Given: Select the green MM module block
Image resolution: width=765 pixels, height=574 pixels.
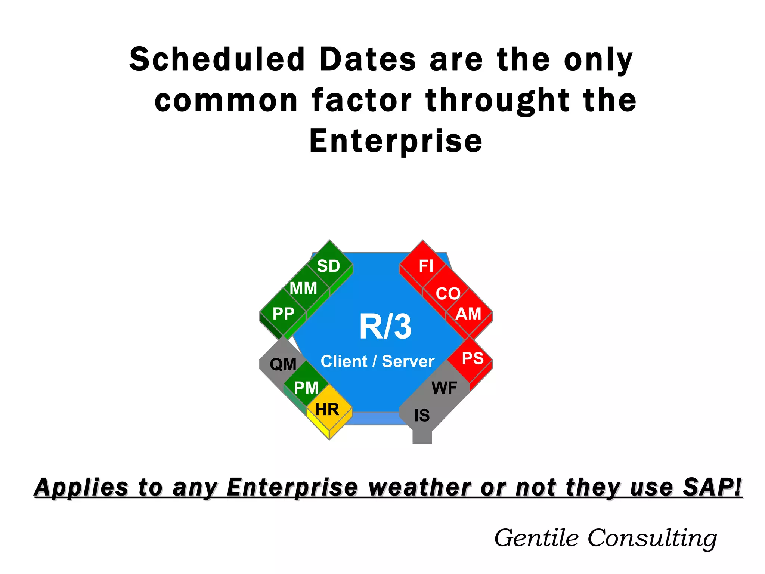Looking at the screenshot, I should click(304, 288).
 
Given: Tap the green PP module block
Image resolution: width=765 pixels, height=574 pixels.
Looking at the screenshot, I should click(283, 314).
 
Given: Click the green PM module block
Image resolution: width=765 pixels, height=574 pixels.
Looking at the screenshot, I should click(306, 388).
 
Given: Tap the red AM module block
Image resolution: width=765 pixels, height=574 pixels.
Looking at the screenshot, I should click(468, 314).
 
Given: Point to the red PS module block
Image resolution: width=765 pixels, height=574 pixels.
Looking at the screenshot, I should click(473, 358).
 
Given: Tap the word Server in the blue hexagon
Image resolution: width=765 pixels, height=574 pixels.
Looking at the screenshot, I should click(408, 361).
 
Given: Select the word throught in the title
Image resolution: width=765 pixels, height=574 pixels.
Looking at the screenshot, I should click(497, 101).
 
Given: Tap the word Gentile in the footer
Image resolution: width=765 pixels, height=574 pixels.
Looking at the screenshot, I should click(536, 538).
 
